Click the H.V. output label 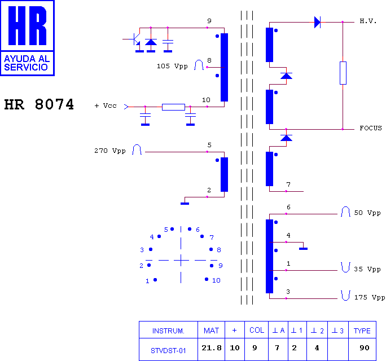368,21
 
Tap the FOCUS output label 371,128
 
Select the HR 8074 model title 39,104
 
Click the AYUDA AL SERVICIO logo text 27,63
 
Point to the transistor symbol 135,39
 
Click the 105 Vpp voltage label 172,66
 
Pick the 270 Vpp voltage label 110,151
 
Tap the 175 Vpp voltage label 370,297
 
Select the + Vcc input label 106,105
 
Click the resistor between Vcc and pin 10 173,107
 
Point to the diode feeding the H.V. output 317,22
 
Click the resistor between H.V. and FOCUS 343,73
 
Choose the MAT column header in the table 211,331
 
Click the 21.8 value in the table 212,347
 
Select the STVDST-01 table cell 168,351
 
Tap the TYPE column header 362,331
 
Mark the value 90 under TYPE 365,347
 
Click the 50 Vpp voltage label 367,213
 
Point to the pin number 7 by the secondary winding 288,184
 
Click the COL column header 257,330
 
